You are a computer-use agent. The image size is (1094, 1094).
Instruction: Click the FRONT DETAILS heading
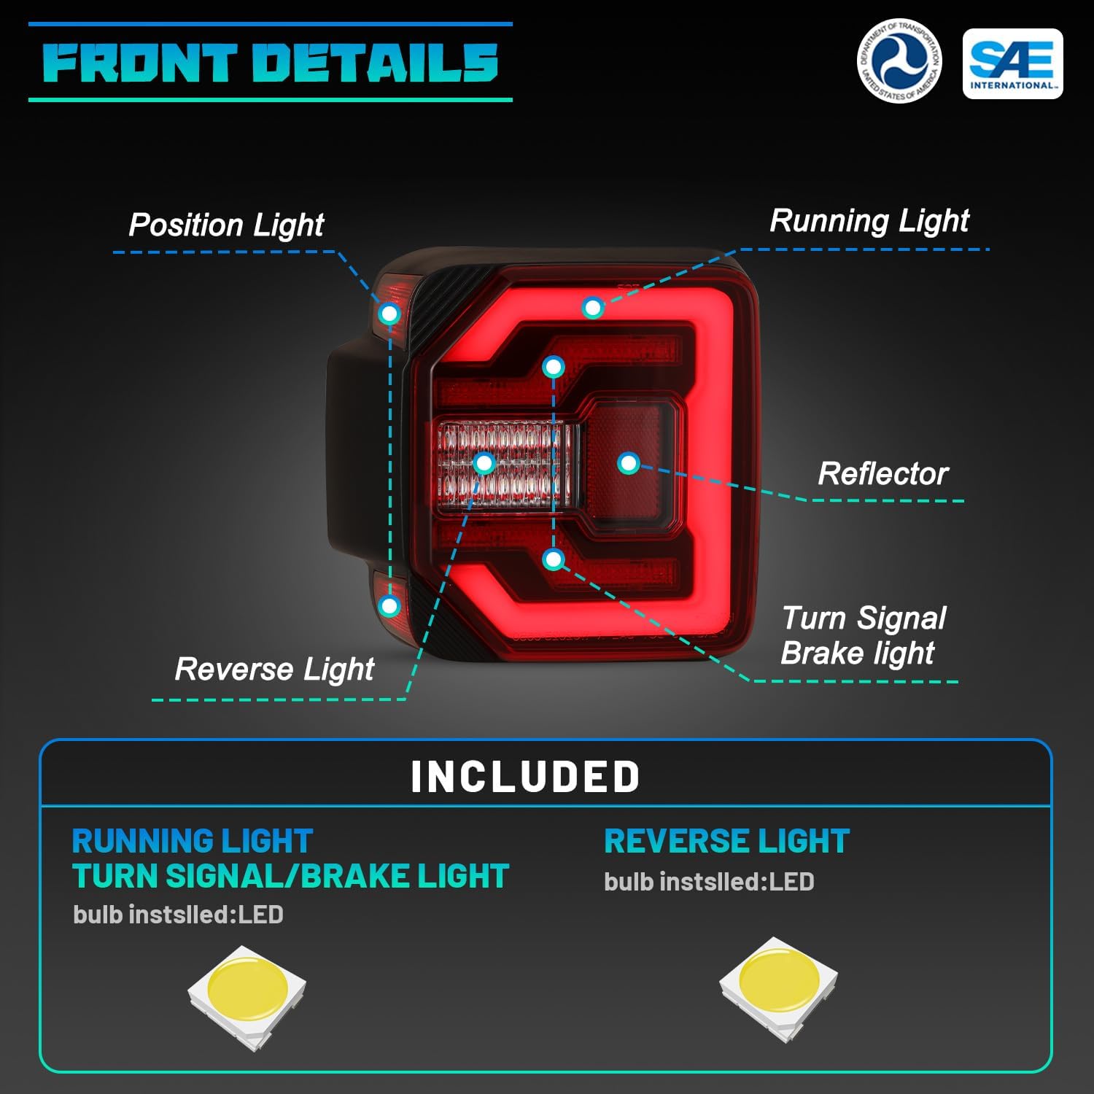(x=270, y=63)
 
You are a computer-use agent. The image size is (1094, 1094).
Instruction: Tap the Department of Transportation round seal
(x=899, y=61)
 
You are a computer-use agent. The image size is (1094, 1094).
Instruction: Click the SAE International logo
(x=1012, y=63)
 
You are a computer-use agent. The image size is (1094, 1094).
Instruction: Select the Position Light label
(x=226, y=225)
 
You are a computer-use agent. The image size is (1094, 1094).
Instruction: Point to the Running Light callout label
(x=869, y=220)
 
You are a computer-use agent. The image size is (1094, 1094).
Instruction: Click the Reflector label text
(x=882, y=474)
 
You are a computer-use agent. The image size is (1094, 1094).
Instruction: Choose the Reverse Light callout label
(x=274, y=669)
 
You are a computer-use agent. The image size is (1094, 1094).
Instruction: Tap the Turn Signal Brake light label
(x=863, y=635)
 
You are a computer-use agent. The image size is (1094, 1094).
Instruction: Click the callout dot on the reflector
(x=628, y=463)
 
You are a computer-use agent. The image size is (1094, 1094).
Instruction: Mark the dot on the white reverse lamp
(x=484, y=463)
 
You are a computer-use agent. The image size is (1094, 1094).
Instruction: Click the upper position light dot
(x=390, y=314)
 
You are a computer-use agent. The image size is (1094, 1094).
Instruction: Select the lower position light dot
(x=390, y=605)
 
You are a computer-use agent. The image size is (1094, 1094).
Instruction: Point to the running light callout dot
(x=592, y=308)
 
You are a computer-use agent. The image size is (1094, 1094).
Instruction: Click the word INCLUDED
(x=525, y=777)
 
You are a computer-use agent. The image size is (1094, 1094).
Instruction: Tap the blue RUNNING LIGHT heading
(x=193, y=842)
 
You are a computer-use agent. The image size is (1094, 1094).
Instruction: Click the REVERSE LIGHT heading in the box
(x=726, y=842)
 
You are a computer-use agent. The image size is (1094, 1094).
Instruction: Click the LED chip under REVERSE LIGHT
(x=778, y=988)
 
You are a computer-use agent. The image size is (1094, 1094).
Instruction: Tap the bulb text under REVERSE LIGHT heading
(x=708, y=882)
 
